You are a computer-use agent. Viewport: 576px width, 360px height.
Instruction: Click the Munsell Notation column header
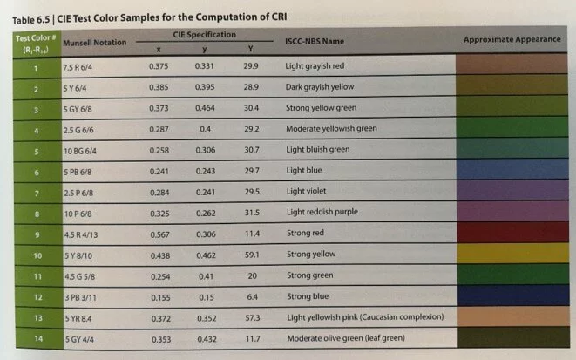click(95, 43)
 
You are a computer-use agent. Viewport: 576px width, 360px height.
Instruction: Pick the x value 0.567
click(158, 235)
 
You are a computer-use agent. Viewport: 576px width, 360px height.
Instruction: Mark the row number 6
click(37, 172)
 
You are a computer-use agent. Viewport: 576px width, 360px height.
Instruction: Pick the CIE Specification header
click(206, 35)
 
